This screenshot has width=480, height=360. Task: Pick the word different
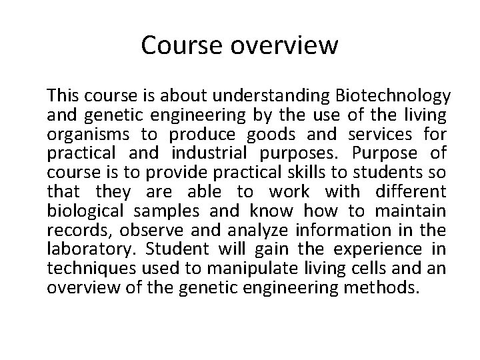[409, 192]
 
